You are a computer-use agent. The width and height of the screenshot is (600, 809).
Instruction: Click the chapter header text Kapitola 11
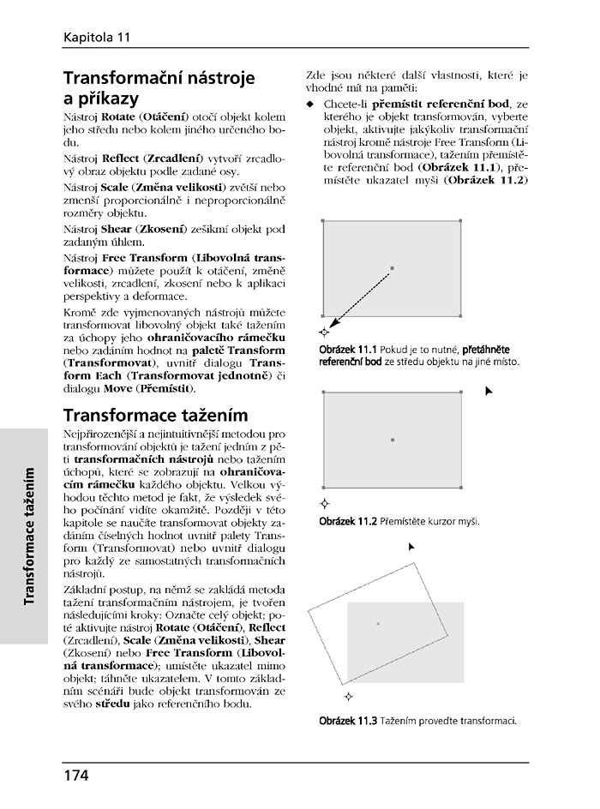(x=96, y=37)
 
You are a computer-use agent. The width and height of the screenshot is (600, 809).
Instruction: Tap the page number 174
(x=75, y=776)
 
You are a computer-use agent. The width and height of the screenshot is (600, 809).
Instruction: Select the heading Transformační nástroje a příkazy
(x=159, y=87)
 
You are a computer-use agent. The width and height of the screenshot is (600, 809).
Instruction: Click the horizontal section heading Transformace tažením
(x=155, y=416)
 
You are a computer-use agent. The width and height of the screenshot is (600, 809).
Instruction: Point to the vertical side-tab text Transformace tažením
(x=30, y=536)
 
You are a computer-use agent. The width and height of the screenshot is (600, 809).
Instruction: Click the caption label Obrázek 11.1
(x=348, y=350)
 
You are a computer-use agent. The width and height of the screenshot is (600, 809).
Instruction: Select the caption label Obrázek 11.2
(x=348, y=521)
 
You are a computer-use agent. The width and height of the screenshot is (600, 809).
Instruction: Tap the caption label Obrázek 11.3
(x=348, y=720)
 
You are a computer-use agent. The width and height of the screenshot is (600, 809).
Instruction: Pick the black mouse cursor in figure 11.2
(x=489, y=391)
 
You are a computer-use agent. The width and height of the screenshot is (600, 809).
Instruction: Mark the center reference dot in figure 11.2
(x=392, y=440)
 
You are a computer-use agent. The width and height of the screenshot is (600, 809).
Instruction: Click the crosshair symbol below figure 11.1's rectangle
(x=323, y=331)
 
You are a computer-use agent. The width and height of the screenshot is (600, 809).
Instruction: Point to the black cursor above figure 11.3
(x=411, y=546)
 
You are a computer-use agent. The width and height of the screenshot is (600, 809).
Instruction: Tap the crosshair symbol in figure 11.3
(x=348, y=695)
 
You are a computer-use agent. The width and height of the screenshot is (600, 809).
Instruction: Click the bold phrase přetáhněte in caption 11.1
(x=486, y=350)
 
